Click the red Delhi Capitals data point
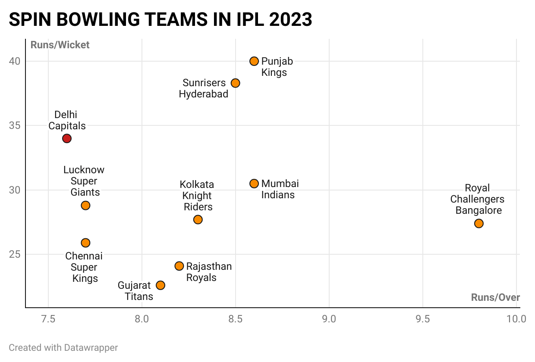66,138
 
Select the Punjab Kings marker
254,61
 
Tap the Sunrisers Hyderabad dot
235,83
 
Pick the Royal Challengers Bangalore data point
478,223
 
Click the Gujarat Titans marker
160,285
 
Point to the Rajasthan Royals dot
179,266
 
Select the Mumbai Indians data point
254,184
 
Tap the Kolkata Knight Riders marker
198,219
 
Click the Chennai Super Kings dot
85,243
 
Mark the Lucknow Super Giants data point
85,205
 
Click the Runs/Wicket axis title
60,45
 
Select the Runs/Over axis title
495,297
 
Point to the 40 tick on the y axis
15,61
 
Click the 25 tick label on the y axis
15,254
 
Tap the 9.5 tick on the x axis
422,319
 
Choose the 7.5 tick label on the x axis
48,319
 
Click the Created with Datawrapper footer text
63,347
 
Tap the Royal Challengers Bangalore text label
477,200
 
